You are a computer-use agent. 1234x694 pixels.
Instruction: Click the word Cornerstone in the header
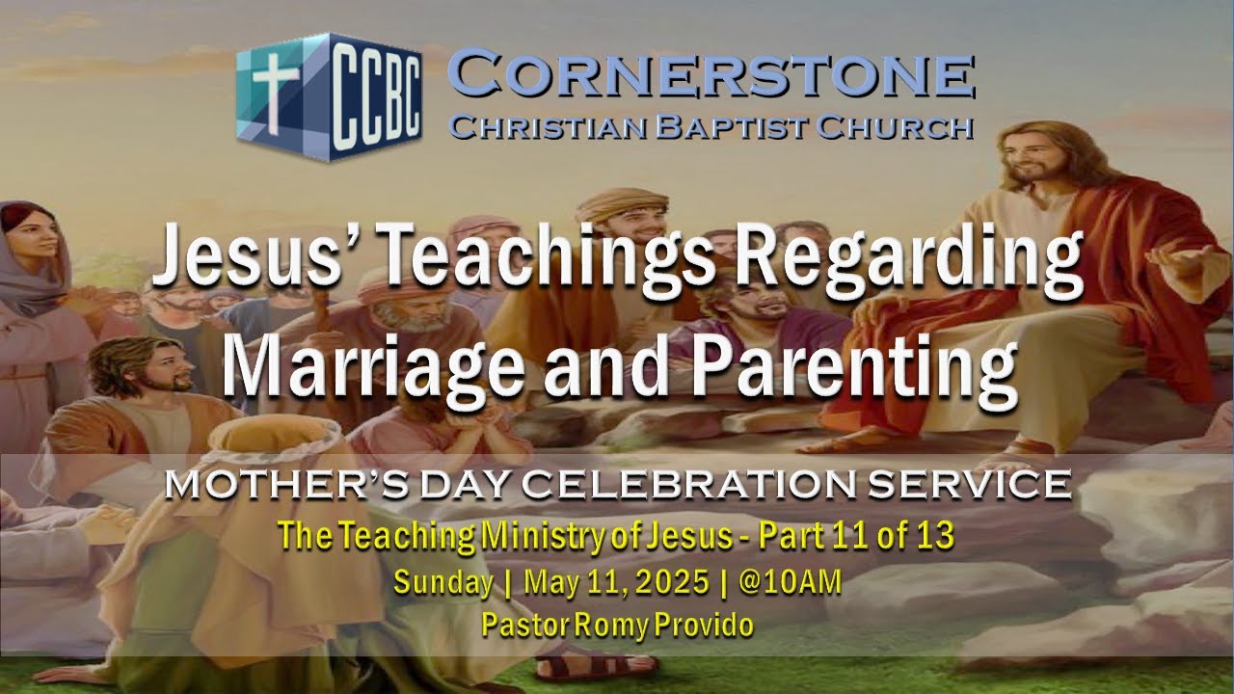coord(711,77)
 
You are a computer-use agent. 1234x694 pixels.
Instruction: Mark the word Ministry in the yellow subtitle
coord(553,537)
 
